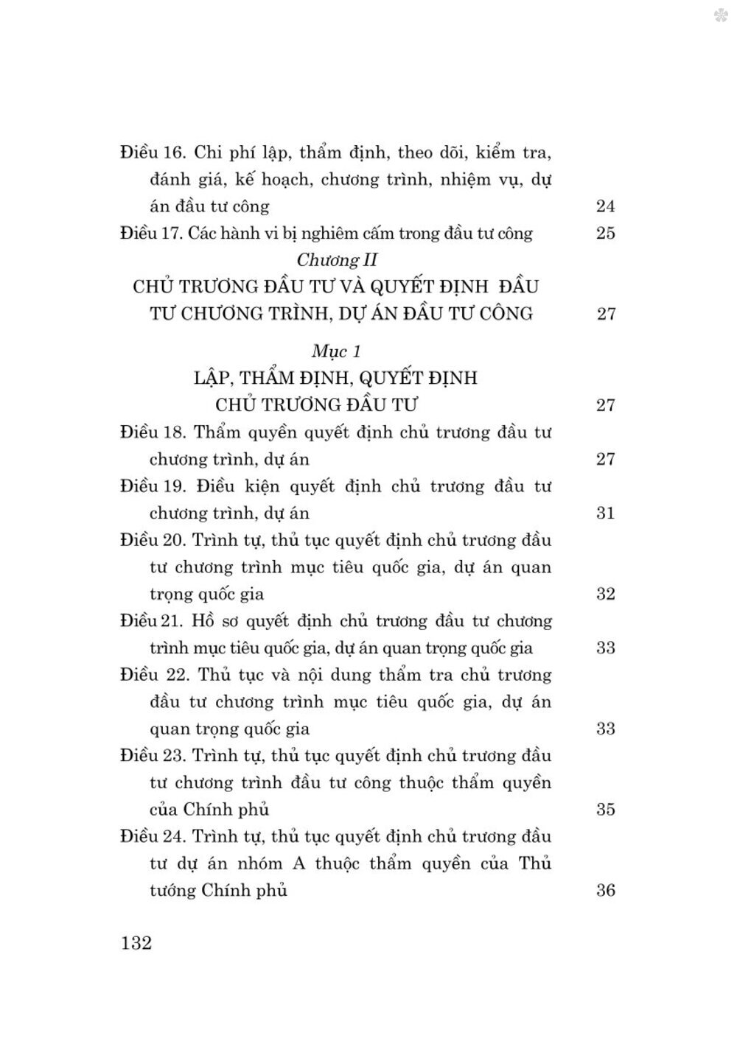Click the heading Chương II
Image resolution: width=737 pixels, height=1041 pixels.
point(337,260)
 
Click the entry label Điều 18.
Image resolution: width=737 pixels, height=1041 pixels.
point(152,432)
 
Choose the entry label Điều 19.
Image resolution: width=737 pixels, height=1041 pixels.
point(153,486)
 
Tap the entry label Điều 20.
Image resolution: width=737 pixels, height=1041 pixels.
point(152,540)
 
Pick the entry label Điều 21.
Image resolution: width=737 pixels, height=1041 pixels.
point(150,621)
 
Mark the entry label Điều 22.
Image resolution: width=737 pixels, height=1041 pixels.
point(153,675)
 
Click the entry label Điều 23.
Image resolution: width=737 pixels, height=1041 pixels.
point(152,756)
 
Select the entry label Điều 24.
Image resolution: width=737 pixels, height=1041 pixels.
point(152,837)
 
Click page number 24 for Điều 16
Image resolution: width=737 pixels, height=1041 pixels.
point(605,206)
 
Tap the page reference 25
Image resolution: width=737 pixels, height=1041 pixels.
point(605,234)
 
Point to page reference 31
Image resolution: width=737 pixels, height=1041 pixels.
point(605,514)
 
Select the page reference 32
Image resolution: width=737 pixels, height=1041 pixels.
point(605,594)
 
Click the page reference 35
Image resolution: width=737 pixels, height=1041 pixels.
point(605,810)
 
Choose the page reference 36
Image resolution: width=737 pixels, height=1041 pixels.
point(605,890)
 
